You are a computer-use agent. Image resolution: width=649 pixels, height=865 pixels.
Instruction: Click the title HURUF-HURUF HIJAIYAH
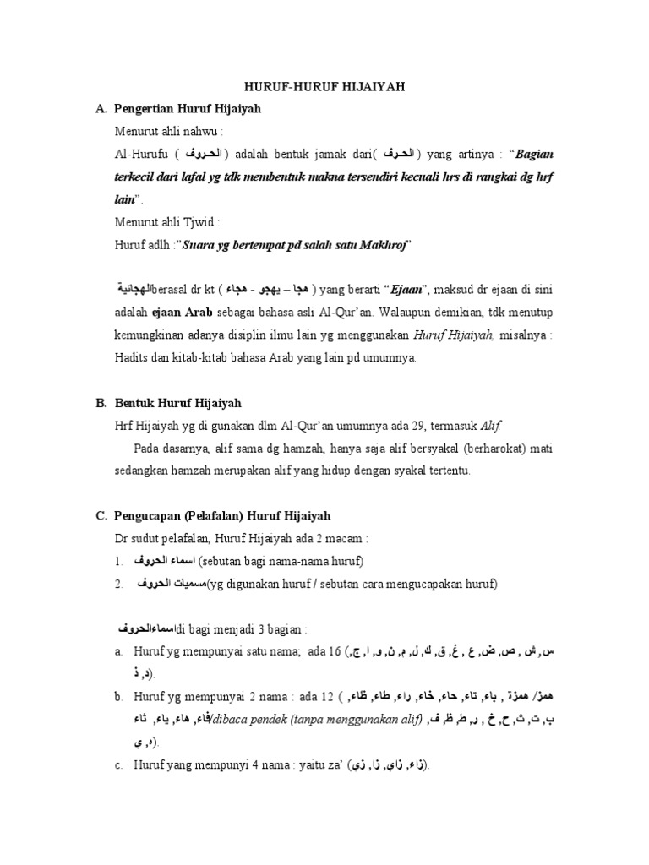pos(324,87)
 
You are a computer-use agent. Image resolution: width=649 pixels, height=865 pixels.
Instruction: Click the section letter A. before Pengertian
pos(101,108)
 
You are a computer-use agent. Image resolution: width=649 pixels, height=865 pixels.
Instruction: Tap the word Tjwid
pos(200,223)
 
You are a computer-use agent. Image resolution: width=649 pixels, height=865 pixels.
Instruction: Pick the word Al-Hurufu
pos(142,155)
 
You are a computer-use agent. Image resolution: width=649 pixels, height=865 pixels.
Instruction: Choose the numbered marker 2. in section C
pos(120,584)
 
